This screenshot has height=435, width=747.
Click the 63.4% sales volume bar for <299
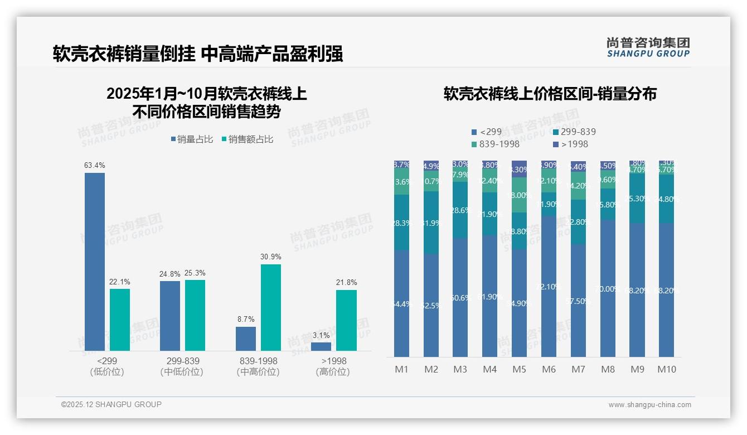95,262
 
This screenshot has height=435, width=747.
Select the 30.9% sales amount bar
271,307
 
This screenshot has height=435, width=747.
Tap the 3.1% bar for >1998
321,346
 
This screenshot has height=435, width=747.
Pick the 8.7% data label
245,320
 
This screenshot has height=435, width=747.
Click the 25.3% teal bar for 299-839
195,315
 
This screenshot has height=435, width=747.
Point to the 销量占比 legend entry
191,139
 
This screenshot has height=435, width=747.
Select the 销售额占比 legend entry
247,139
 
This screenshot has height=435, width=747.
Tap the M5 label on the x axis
519,369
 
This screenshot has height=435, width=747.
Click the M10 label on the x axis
666,369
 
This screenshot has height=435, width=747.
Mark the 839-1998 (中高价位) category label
258,366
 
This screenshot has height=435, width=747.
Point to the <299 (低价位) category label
107,366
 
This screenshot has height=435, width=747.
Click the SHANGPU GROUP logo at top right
648,47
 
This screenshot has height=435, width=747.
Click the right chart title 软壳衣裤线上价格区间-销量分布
550,94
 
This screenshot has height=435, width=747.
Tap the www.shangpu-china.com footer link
649,405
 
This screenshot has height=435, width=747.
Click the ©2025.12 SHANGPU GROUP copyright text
111,404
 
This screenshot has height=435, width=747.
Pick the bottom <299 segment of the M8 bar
608,288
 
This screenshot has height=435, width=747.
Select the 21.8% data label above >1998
346,283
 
